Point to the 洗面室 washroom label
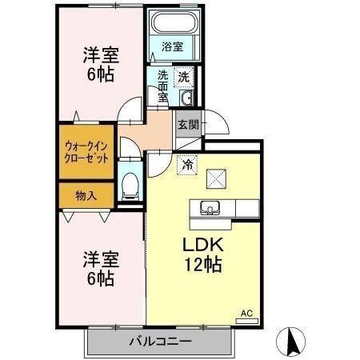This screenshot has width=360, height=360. (162, 86)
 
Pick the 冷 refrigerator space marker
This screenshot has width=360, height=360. (186, 166)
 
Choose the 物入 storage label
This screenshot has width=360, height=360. (86, 194)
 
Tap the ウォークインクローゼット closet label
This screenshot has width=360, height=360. (86, 152)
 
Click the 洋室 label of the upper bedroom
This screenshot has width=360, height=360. (101, 55)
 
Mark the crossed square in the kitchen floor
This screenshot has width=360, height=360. (215, 178)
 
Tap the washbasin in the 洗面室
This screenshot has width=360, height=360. (186, 98)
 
